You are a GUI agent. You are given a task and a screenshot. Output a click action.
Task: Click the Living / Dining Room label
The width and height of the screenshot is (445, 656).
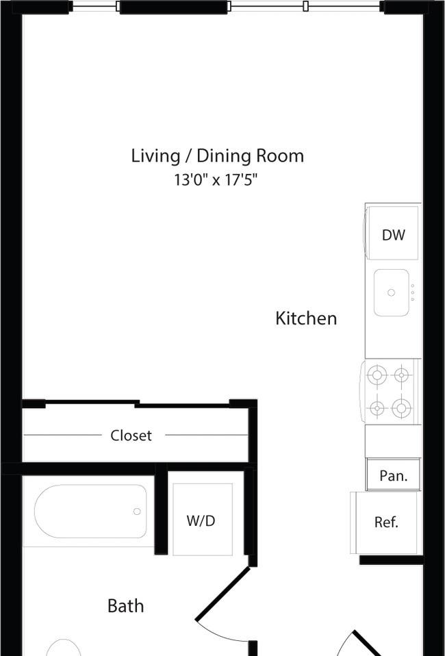pos(218,156)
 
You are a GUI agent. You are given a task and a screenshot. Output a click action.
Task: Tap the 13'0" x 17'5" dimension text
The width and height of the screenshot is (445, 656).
pos(216,180)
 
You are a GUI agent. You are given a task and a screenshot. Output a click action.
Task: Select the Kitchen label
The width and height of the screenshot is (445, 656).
pos(306,318)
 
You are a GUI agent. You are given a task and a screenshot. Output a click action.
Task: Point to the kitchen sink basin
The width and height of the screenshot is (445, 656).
pos(391,292)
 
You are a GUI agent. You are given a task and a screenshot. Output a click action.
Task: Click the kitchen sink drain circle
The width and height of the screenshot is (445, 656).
pos(391,292)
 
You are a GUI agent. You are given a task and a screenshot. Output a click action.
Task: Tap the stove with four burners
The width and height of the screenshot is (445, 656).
pos(391,392)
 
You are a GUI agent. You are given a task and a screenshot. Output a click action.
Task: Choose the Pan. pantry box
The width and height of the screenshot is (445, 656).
pos(393,475)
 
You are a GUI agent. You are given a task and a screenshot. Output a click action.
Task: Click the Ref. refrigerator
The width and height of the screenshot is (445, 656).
pos(385,522)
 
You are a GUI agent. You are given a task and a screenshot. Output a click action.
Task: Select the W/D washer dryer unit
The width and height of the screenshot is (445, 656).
pos(203,520)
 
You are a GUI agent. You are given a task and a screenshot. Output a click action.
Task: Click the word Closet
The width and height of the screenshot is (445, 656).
pos(131,436)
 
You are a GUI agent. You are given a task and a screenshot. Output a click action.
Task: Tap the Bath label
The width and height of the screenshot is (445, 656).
pos(125,606)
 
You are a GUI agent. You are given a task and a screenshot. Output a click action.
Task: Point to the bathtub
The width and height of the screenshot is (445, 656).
pos(90,512)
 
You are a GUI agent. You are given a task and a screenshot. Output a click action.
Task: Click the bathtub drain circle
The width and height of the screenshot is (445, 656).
pos(137,512)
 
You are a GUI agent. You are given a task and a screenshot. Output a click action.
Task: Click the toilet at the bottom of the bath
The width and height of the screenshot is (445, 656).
pos(63,648)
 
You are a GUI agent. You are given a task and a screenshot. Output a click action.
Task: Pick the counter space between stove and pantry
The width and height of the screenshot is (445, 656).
pos(393,441)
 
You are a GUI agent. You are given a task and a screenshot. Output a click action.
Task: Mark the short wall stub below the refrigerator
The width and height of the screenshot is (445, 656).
pos(392,559)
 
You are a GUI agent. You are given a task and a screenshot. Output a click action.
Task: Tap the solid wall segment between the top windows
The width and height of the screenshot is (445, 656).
pos(174,7)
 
